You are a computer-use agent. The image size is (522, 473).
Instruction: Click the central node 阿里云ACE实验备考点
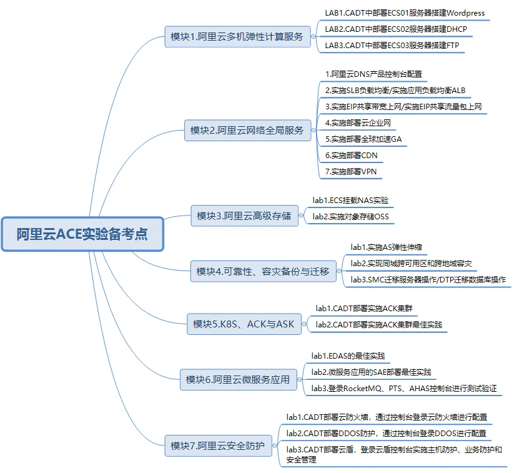(x=82, y=234)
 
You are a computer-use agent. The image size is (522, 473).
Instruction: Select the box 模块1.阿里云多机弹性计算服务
(x=237, y=37)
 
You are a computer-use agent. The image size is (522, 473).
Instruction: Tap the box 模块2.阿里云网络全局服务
(x=247, y=130)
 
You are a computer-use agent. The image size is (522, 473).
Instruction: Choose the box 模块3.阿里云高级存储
(x=244, y=216)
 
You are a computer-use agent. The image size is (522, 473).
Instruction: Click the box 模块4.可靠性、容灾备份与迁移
(x=263, y=271)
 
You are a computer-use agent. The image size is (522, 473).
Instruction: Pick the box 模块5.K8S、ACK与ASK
(x=244, y=324)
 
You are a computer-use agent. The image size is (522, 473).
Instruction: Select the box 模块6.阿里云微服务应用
(x=239, y=379)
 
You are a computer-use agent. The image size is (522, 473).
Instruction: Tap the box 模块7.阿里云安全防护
(x=218, y=446)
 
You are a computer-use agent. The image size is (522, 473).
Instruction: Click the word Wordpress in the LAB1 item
(x=465, y=13)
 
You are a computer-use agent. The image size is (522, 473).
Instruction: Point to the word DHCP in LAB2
(x=457, y=29)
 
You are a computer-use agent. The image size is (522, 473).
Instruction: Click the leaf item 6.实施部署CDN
(x=352, y=156)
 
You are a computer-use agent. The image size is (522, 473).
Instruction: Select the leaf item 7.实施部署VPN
(x=351, y=172)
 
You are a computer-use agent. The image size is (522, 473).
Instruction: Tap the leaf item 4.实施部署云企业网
(x=358, y=123)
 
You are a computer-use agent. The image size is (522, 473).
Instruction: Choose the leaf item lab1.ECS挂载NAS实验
(x=350, y=200)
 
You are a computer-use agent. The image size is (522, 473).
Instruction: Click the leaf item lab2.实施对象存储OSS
(x=350, y=217)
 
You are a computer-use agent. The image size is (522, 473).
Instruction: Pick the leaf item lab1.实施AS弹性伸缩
(x=386, y=247)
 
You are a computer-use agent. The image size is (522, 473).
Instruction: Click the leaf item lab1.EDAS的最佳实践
(x=348, y=356)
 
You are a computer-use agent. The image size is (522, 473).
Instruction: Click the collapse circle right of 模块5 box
(x=304, y=324)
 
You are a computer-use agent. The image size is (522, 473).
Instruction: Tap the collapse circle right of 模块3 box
(x=300, y=216)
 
